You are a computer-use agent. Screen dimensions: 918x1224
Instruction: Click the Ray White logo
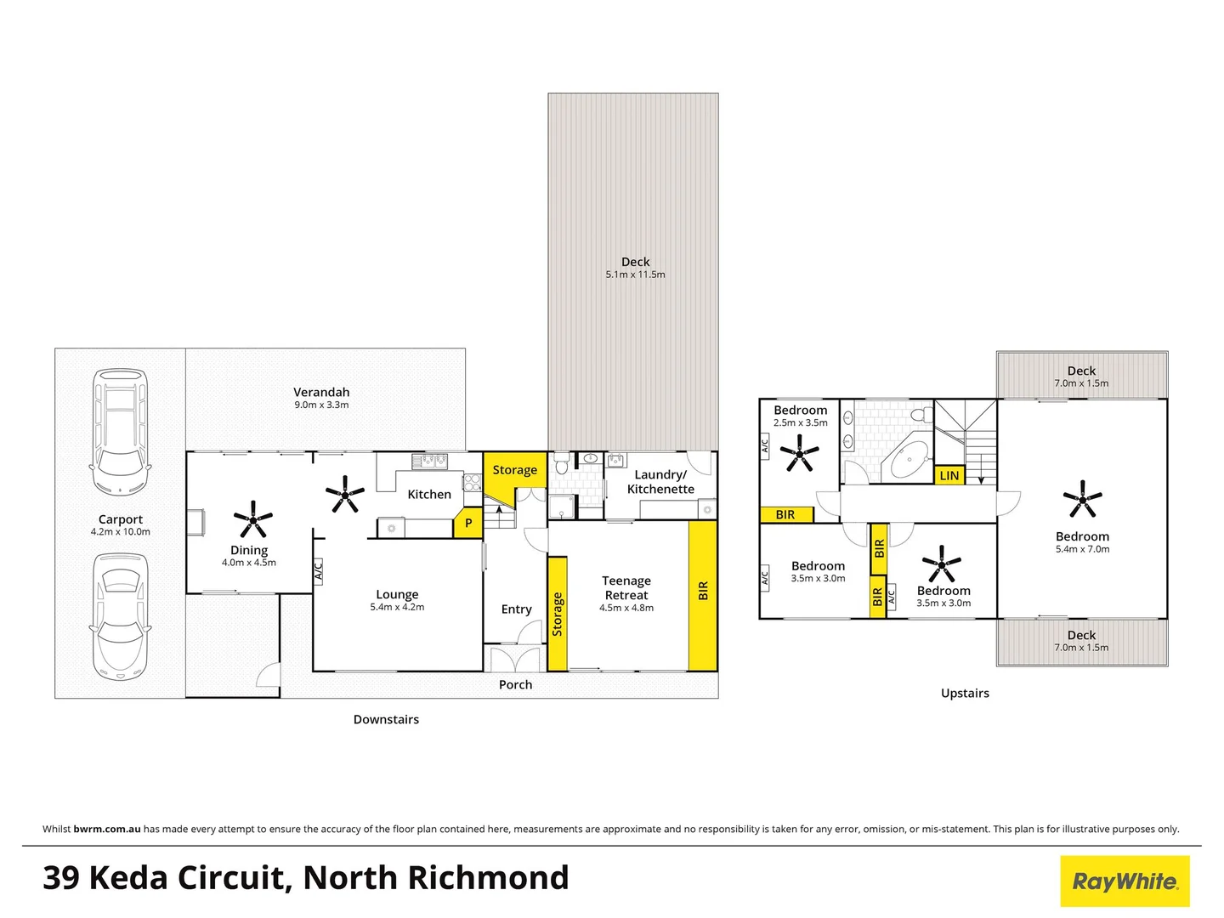(x=1125, y=881)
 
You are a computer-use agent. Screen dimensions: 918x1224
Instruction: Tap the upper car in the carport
(x=120, y=431)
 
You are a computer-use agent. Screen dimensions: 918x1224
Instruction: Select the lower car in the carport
(x=120, y=616)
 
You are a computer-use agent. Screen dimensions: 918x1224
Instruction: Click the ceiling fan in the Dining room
(x=252, y=518)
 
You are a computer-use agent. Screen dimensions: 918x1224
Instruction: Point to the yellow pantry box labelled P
(x=467, y=523)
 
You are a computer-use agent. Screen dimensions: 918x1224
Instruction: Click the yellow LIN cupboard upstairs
(x=949, y=475)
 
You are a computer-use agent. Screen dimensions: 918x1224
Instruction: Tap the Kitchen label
(x=429, y=494)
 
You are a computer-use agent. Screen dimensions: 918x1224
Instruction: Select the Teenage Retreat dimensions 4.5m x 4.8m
(x=626, y=608)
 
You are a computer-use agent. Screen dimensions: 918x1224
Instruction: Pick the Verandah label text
(x=321, y=392)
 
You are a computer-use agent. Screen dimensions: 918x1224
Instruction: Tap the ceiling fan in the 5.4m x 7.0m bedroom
(x=1082, y=499)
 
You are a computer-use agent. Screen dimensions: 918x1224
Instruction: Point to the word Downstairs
(x=386, y=719)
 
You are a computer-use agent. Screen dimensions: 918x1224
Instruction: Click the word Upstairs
(x=965, y=693)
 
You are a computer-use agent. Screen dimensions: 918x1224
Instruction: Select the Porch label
(x=515, y=684)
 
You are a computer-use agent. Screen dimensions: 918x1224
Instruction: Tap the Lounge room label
(x=397, y=594)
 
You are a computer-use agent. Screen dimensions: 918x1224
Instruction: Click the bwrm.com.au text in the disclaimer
(x=107, y=829)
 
